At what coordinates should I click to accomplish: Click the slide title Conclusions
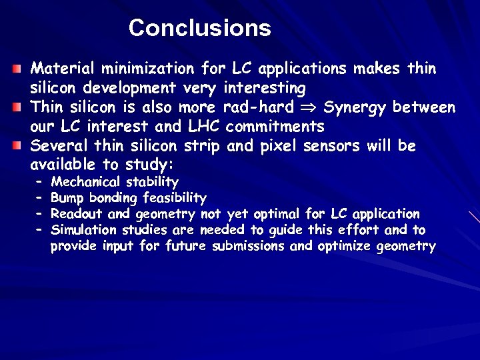199,28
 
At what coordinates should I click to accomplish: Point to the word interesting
265,88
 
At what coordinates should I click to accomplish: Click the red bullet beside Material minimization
18,69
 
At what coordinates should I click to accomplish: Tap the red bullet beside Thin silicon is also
18,107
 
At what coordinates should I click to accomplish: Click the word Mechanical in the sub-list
85,182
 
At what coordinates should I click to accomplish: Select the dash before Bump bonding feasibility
39,198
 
